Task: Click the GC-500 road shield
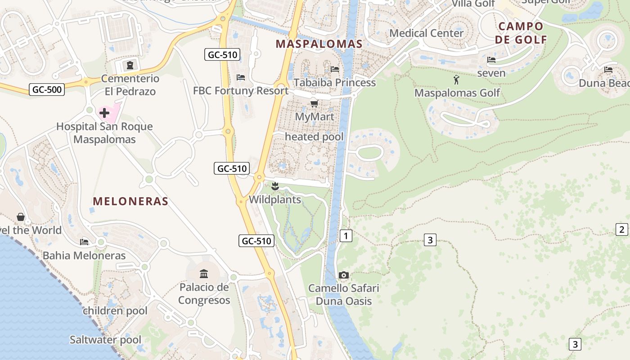[47, 89]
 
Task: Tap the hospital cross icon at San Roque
[104, 112]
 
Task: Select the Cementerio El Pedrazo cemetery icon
[130, 66]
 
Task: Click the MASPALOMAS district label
[319, 44]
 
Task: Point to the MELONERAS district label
[130, 201]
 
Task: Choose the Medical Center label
[426, 33]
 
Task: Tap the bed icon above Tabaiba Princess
[335, 69]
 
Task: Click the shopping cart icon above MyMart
[315, 104]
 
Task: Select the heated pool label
[314, 136]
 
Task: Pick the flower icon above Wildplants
[275, 186]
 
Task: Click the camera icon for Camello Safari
[344, 275]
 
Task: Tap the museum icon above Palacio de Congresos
[204, 274]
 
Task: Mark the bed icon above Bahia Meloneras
[84, 242]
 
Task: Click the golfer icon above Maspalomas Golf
[457, 80]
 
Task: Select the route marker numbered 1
[346, 235]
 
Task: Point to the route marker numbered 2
[621, 229]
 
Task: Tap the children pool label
[115, 310]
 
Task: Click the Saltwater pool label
[105, 339]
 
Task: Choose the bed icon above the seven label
[491, 60]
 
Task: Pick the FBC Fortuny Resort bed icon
[241, 77]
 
